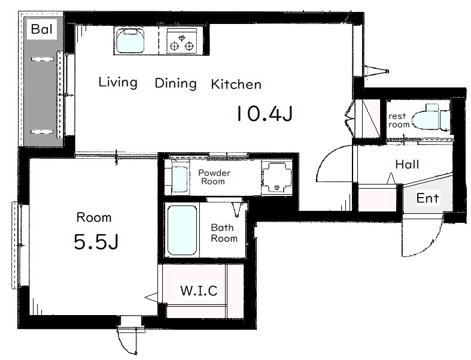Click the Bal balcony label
click(x=42, y=29)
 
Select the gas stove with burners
click(x=181, y=41)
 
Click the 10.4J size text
click(x=265, y=113)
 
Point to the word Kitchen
click(x=236, y=84)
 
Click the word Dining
click(x=176, y=84)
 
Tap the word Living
click(x=118, y=83)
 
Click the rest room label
click(x=399, y=120)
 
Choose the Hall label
click(x=407, y=165)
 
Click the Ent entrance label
click(x=428, y=198)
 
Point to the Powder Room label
click(x=214, y=177)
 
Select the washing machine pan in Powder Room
click(x=277, y=178)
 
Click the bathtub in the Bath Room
click(x=182, y=231)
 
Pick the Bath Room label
click(x=224, y=233)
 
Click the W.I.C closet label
click(x=199, y=291)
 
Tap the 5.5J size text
click(x=96, y=242)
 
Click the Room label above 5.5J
click(x=94, y=217)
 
